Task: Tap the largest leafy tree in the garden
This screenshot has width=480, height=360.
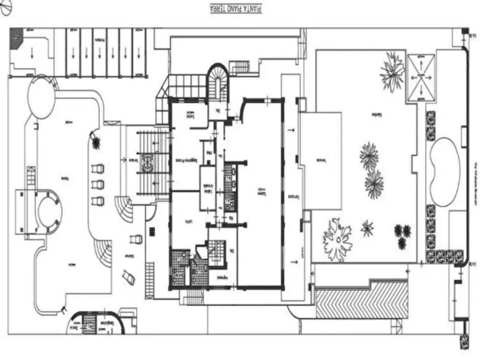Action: [337, 239]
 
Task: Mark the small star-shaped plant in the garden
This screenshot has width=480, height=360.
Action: [368, 228]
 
